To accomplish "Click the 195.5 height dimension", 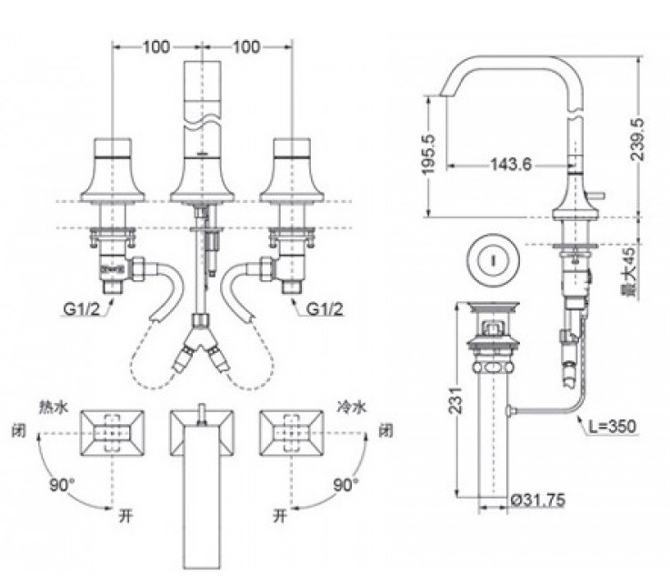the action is coord(428,154).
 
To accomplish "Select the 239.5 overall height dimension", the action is coord(637,139).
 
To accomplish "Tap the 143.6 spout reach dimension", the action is coord(511,164).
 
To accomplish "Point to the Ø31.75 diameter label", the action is coord(537,499).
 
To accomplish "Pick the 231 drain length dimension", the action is coord(456,399).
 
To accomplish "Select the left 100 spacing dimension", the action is coord(156,47).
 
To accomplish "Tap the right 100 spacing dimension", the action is coord(246,47).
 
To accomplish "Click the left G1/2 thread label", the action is coord(82,308).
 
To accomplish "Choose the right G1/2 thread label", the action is coord(325,308).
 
